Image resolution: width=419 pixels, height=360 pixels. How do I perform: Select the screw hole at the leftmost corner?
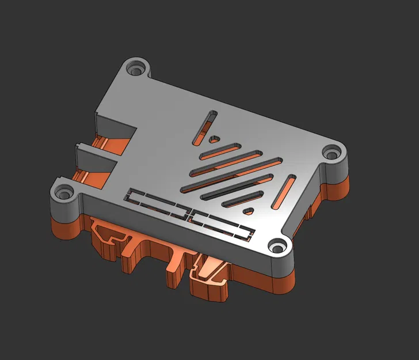click(x=62, y=194)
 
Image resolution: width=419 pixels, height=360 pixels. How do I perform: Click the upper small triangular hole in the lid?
click(x=214, y=138)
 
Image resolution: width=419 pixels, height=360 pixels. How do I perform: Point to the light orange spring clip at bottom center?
click(x=211, y=271)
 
